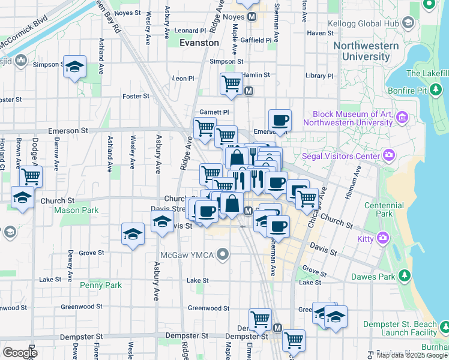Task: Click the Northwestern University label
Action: (x=366, y=51)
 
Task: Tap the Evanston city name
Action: (x=199, y=43)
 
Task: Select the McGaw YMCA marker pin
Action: (x=223, y=255)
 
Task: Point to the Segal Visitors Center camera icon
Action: (x=390, y=156)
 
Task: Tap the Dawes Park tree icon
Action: (x=405, y=275)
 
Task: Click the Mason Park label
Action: (x=76, y=211)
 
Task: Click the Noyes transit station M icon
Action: (x=252, y=17)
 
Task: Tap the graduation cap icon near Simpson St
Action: (x=75, y=67)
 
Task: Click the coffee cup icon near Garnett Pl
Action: (x=280, y=120)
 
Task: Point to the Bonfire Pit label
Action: (x=409, y=91)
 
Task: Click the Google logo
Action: (x=20, y=352)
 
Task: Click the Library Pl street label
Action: (x=319, y=76)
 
